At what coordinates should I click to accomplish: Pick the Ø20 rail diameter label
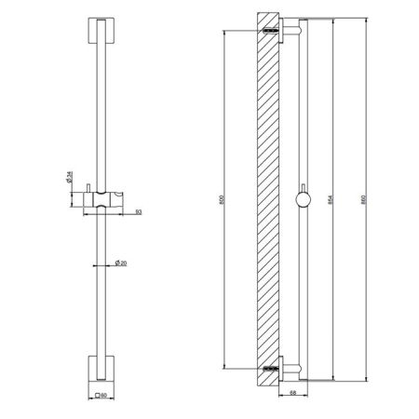pos(121,264)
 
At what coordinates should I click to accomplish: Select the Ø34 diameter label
pos(71,177)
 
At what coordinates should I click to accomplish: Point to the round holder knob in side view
pos(302,197)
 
